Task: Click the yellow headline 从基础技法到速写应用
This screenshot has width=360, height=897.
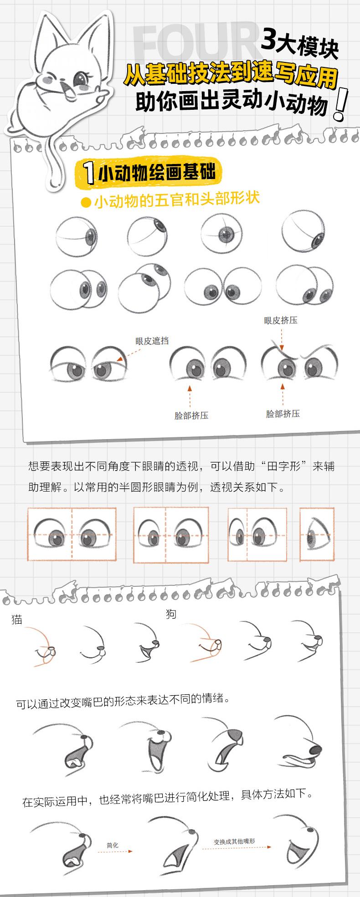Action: (231, 75)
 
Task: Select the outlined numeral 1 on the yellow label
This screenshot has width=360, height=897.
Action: (90, 173)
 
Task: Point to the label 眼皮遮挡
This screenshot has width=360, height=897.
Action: (152, 340)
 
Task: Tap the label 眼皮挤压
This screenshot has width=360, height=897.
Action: (281, 320)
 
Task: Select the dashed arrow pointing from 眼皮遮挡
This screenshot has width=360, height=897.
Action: (127, 355)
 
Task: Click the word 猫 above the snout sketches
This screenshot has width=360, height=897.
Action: (17, 619)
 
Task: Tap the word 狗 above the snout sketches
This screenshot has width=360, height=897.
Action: (171, 614)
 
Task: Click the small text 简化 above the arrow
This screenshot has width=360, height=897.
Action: (112, 845)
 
